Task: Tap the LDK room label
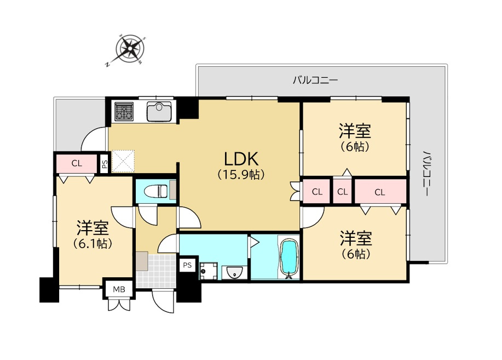coord(241,159)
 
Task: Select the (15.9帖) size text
coord(241,175)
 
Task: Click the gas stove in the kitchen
coord(124,112)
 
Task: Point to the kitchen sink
coord(159,112)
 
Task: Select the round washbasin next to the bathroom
coord(234,272)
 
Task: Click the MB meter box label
coord(119,289)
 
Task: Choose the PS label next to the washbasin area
coord(187,265)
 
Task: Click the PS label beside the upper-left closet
coord(105,163)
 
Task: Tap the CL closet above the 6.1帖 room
coord(77,163)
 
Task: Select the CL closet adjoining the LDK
coord(316,192)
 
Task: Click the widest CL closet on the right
coord(380,192)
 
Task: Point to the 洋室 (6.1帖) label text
coord(93,235)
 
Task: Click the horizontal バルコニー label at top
coord(315,80)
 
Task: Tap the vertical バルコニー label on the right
coord(425,174)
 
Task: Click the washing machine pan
coord(209,271)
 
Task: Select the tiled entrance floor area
coord(156,271)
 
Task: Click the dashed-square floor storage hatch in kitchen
coord(123,161)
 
